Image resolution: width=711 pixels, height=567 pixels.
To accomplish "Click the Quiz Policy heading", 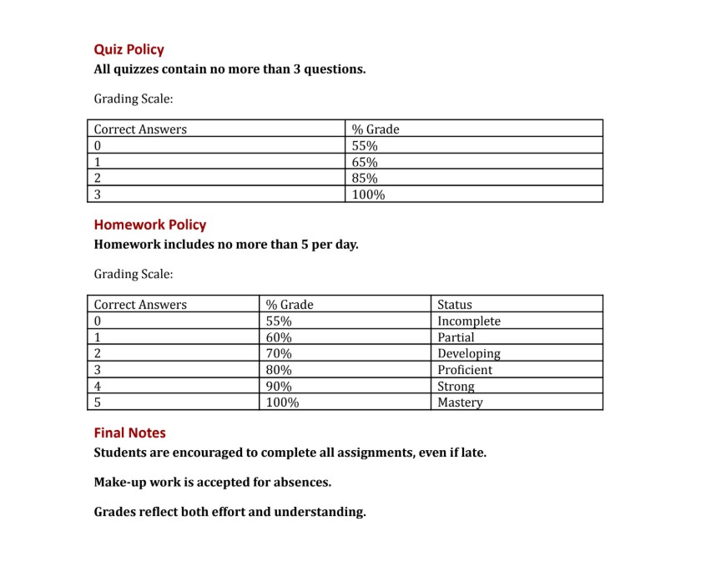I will point(129,50).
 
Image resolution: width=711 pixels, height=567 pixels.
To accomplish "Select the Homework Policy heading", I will point(149,225).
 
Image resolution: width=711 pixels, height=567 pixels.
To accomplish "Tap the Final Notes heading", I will point(129,433).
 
